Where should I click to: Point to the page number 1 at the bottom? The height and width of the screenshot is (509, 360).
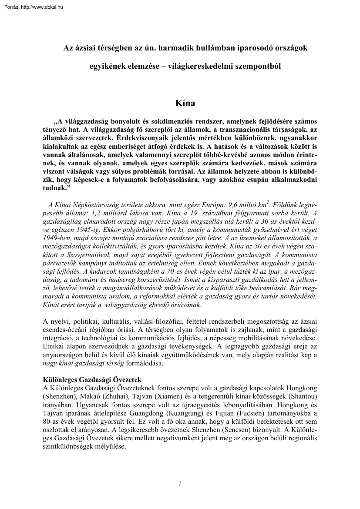tap(180, 483)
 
